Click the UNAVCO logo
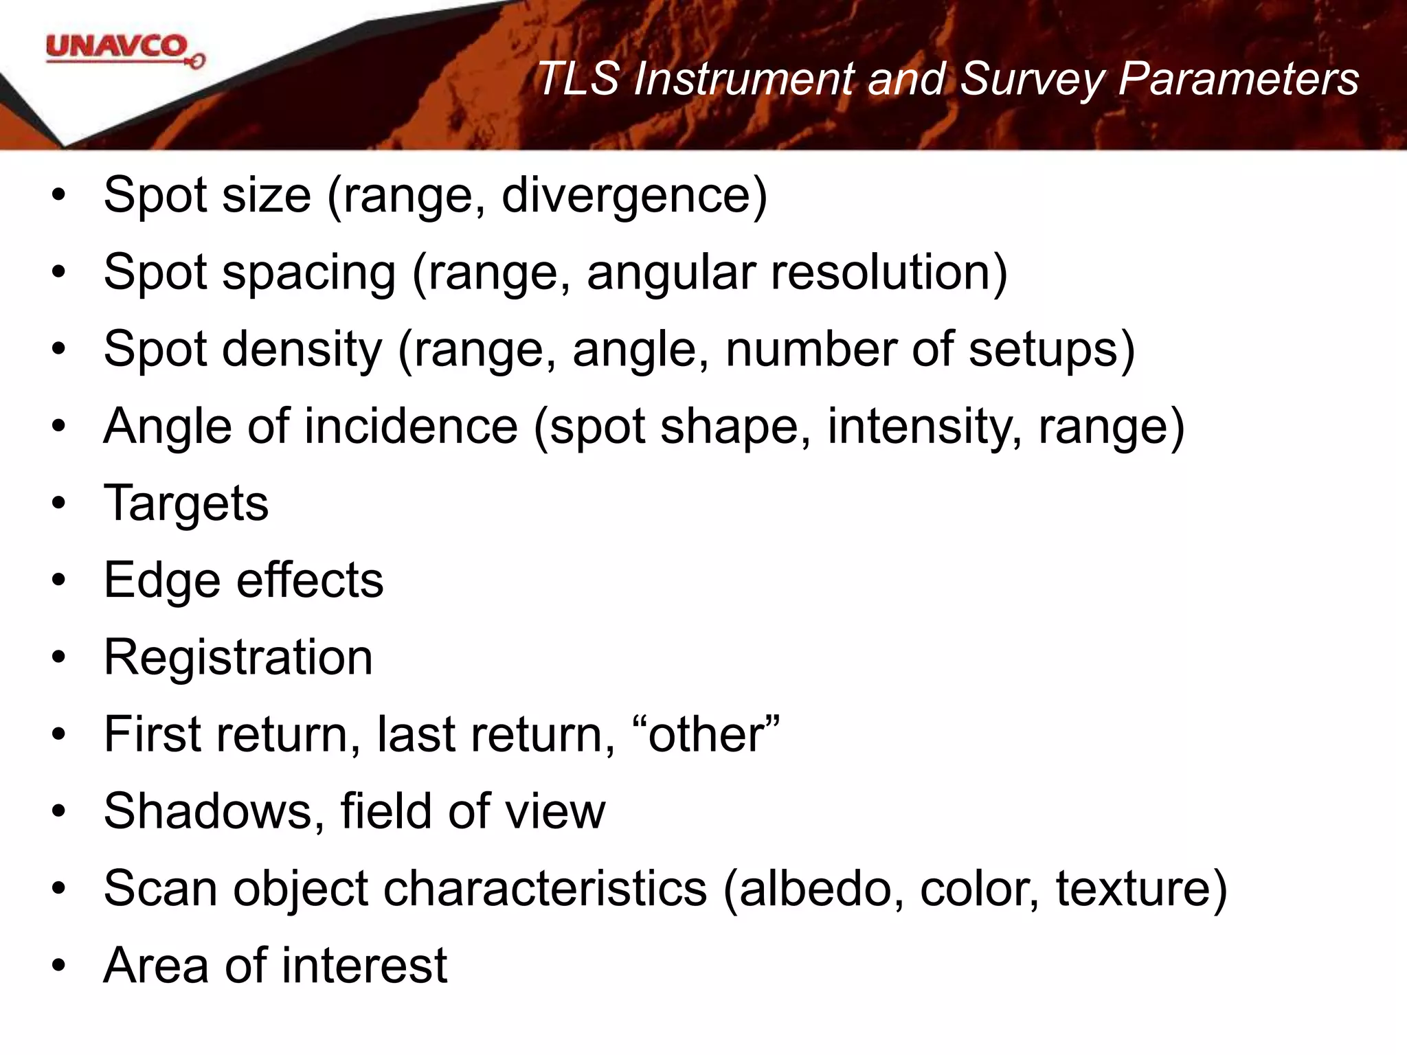click(124, 51)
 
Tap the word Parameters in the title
click(1238, 78)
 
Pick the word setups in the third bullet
click(1049, 350)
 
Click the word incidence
click(411, 427)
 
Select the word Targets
click(185, 503)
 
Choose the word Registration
click(238, 657)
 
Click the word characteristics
click(544, 888)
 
